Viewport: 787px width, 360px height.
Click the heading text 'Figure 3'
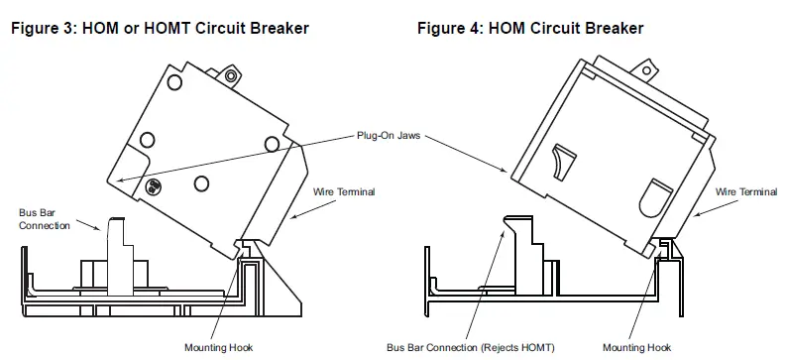click(41, 29)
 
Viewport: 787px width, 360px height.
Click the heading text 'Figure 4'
click(447, 29)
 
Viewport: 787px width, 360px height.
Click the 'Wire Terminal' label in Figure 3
click(344, 191)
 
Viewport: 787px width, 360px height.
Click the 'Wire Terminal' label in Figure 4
click(745, 191)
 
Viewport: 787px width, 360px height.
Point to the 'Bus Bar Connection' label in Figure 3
click(46, 218)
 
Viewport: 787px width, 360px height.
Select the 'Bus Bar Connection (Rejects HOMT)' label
click(471, 347)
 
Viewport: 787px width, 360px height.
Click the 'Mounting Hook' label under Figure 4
click(635, 347)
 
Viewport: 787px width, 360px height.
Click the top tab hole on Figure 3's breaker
click(232, 74)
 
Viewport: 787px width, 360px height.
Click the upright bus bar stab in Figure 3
click(117, 248)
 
